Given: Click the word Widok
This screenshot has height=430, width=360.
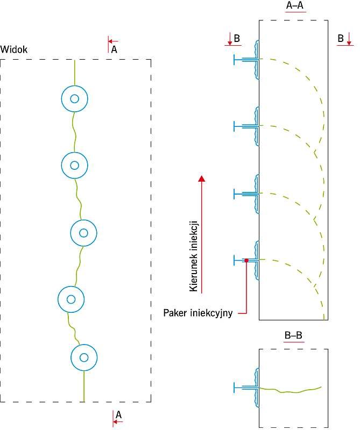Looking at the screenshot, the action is click(14, 49).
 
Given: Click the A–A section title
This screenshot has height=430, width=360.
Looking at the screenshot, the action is click(295, 5).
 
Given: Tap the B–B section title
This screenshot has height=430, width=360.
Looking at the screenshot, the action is click(293, 335).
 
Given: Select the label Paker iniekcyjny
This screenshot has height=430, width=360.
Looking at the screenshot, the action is click(198, 313).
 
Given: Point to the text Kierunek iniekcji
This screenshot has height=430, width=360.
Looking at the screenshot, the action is click(194, 256).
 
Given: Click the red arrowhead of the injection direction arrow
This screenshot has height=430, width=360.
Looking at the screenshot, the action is click(202, 178).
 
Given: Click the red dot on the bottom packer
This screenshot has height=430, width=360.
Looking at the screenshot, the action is click(246, 260).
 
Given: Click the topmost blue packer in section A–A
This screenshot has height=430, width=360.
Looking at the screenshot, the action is click(246, 60).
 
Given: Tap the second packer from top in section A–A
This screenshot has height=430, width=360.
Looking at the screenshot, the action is click(246, 126).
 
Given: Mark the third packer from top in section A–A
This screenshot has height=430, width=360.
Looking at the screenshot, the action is click(246, 193).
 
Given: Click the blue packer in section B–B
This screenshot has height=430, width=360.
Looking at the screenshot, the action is click(246, 388).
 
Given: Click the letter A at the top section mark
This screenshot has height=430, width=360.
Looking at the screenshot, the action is click(114, 49).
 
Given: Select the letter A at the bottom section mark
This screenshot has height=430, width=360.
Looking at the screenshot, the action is click(118, 414).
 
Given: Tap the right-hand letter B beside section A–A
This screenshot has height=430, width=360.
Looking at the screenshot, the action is click(341, 38).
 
